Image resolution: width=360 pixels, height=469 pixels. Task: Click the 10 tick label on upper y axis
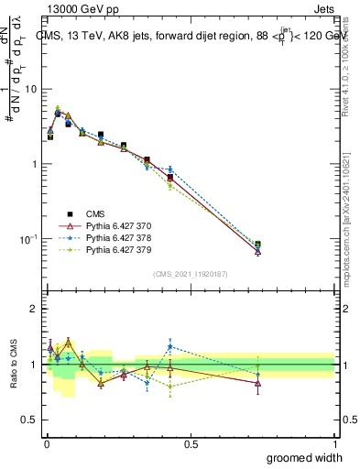coord(30,90)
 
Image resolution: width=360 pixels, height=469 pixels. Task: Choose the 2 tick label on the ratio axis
coord(33,309)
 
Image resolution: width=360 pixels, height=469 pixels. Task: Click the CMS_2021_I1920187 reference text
coord(189,273)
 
